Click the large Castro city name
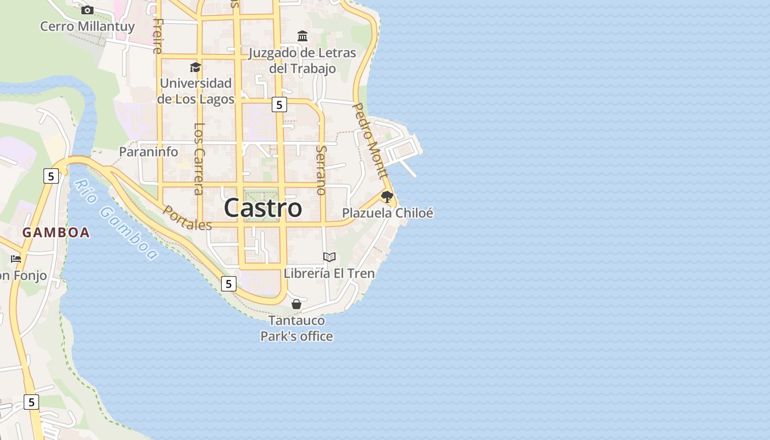pos(263,208)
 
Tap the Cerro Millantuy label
pos(87,26)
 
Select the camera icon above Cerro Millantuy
pos(87,10)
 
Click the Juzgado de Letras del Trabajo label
pos(302,61)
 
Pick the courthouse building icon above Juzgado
pos(302,36)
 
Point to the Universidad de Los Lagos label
pos(196,91)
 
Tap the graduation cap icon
pos(195,67)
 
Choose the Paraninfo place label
pos(148,152)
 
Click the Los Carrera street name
pos(199,158)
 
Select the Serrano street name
pos(321,170)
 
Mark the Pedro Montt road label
pos(370,141)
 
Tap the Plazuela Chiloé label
pos(388,213)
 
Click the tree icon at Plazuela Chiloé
pos(387,196)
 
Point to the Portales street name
pos(187,218)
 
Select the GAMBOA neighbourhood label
pos(56,233)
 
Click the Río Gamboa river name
pos(116,219)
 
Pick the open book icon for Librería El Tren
pos(329,257)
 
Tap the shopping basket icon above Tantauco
pos(296,304)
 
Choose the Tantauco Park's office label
pos(296,328)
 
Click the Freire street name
pos(158,36)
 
